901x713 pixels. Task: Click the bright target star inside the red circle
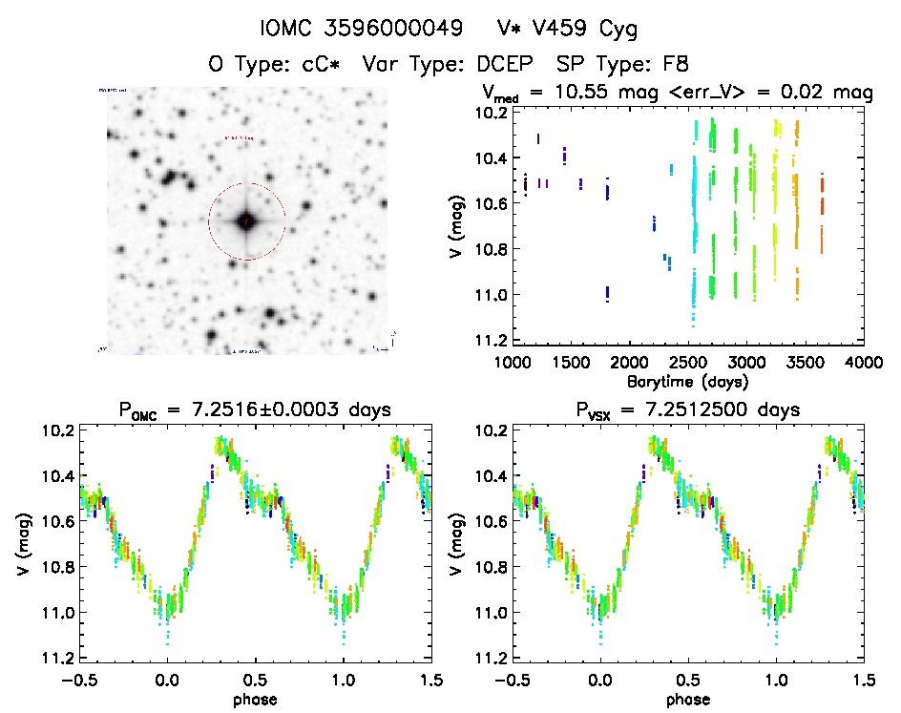point(246,221)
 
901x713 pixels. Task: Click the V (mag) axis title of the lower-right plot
point(457,544)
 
